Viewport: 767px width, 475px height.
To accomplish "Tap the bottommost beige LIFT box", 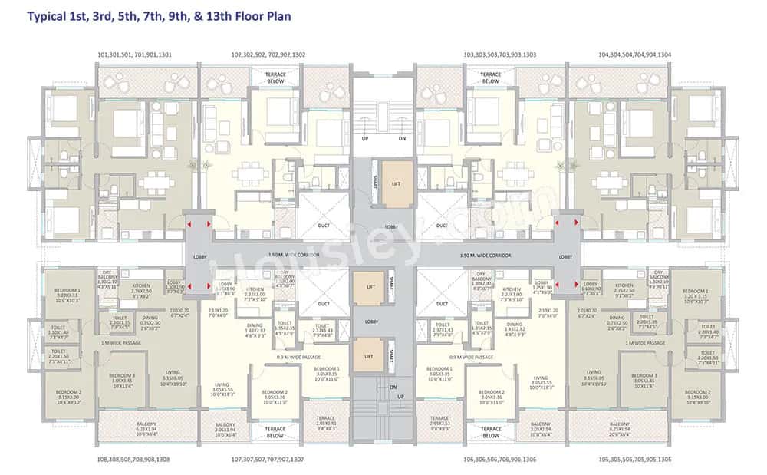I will coord(369,356).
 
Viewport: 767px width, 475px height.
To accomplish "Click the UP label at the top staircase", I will coord(366,139).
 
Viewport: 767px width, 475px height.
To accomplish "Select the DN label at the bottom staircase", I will coord(392,388).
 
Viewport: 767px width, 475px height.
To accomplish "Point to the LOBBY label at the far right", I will coord(566,256).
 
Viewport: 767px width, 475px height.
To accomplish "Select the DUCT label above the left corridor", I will coord(324,226).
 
